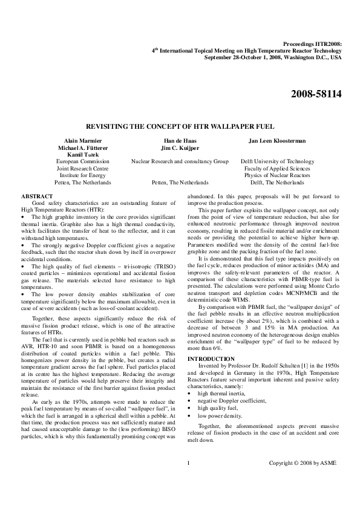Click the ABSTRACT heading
(36, 197)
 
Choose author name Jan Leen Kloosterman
(278, 140)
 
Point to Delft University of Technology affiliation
(278, 161)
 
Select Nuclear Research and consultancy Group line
(180, 161)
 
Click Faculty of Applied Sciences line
(278, 168)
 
